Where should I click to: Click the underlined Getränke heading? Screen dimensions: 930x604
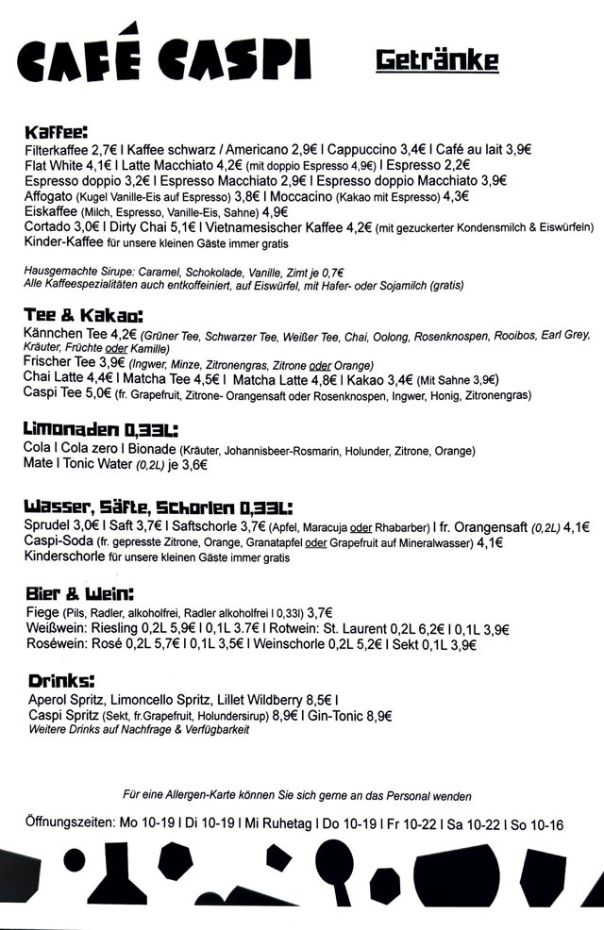[x=436, y=62]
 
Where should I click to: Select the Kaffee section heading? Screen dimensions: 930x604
[x=57, y=132]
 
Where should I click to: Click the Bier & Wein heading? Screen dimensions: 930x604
[x=80, y=593]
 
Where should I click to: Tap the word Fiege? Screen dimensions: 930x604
[x=42, y=610]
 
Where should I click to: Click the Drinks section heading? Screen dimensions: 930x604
[x=61, y=681]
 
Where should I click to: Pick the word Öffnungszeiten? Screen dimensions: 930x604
[x=70, y=824]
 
